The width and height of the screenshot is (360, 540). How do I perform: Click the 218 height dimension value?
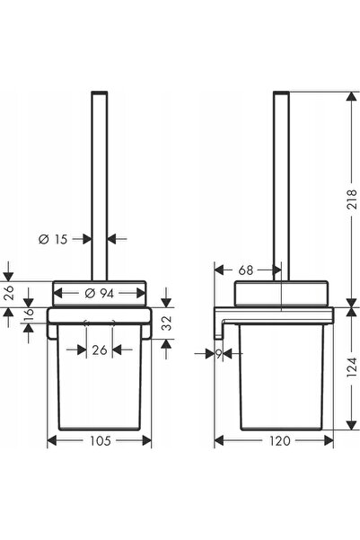pyautogui.click(x=351, y=199)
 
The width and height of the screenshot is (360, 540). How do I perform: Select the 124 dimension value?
pyautogui.click(x=351, y=367)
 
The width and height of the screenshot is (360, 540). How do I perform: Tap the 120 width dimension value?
pyautogui.click(x=280, y=441)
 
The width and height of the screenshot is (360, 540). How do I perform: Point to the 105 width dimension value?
pyautogui.click(x=101, y=441)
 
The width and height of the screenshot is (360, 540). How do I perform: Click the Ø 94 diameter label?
pyautogui.click(x=99, y=294)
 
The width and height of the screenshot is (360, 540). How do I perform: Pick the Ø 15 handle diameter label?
pyautogui.click(x=53, y=239)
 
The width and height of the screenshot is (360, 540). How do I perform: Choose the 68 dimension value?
pyautogui.click(x=246, y=270)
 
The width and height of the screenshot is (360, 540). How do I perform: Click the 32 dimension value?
pyautogui.click(x=167, y=323)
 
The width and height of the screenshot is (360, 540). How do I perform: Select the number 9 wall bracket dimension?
pyautogui.click(x=219, y=354)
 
